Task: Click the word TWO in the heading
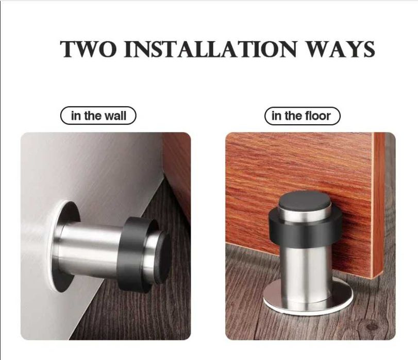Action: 89,49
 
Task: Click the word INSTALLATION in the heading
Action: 210,49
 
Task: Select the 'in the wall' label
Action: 98,116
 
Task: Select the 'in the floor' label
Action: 303,116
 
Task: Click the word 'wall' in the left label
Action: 115,116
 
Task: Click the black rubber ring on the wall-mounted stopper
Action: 131,254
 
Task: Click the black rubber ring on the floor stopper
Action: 306,229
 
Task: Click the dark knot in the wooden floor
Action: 372,326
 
